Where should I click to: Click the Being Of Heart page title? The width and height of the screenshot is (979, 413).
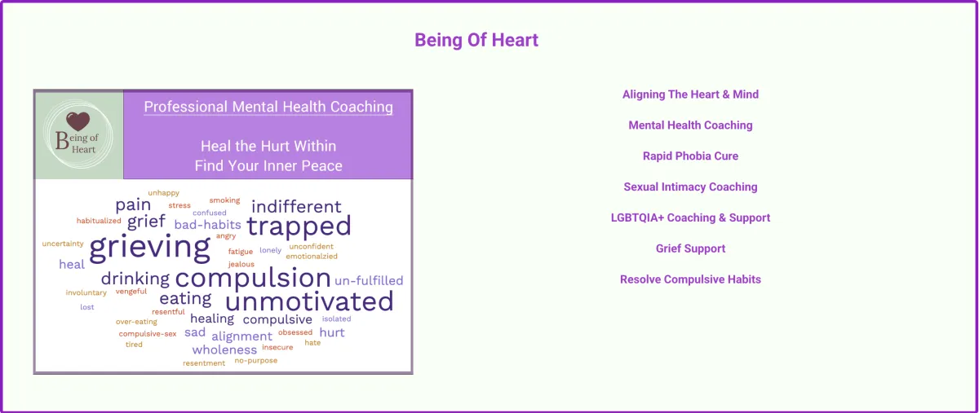pyautogui.click(x=476, y=40)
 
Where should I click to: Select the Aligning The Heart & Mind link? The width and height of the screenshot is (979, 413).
pyautogui.click(x=690, y=94)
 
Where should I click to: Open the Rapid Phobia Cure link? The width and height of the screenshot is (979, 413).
pyautogui.click(x=690, y=156)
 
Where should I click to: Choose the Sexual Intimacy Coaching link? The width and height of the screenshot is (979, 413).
pyautogui.click(x=690, y=187)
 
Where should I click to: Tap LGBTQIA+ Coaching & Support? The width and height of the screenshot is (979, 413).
pyautogui.click(x=690, y=217)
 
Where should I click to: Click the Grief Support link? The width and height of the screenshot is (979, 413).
pyautogui.click(x=690, y=248)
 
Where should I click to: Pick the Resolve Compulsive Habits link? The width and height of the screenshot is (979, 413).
pyautogui.click(x=690, y=279)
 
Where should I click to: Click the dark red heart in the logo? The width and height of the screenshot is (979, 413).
pyautogui.click(x=78, y=121)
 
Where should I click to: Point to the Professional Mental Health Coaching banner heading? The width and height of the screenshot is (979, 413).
pyautogui.click(x=268, y=107)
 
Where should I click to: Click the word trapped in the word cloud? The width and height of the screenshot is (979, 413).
pyautogui.click(x=299, y=226)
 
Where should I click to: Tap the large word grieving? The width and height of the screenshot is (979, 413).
pyautogui.click(x=150, y=248)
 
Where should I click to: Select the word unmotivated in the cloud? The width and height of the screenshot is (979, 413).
pyautogui.click(x=309, y=301)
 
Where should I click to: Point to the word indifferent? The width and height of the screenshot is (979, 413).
pyautogui.click(x=296, y=207)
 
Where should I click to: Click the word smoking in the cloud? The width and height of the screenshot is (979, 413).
pyautogui.click(x=224, y=200)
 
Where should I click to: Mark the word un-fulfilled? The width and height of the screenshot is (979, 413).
pyautogui.click(x=369, y=280)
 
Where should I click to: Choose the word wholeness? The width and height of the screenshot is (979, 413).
pyautogui.click(x=224, y=349)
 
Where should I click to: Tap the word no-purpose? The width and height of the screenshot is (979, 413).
pyautogui.click(x=256, y=361)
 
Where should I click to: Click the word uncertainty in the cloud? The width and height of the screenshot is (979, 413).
pyautogui.click(x=63, y=244)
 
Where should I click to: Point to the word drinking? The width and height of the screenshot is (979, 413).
pyautogui.click(x=135, y=279)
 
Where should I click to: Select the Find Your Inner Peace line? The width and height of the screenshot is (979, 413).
pyautogui.click(x=268, y=166)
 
